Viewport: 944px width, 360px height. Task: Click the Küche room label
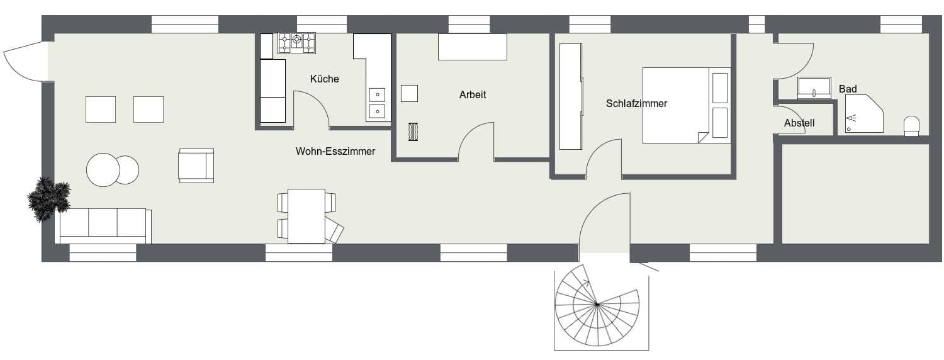click(324, 79)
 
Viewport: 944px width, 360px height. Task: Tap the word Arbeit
click(473, 95)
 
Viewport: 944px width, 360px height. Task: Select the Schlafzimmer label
click(636, 104)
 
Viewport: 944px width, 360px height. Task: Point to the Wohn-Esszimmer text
click(335, 152)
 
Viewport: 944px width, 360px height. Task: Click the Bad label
click(848, 89)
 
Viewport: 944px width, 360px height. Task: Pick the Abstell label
click(799, 123)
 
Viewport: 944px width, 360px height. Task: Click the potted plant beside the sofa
click(48, 198)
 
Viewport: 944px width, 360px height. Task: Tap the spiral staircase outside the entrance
click(596, 305)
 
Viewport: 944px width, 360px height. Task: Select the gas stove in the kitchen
click(296, 43)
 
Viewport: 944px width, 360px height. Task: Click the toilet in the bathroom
click(911, 125)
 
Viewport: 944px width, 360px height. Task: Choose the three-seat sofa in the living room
click(103, 225)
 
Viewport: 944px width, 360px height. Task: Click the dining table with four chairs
click(306, 215)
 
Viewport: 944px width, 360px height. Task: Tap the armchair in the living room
click(196, 165)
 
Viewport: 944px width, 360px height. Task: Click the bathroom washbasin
click(814, 88)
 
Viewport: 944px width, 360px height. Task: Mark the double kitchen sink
click(377, 103)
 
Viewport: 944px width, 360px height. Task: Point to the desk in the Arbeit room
click(472, 47)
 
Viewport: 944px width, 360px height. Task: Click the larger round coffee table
click(103, 170)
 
